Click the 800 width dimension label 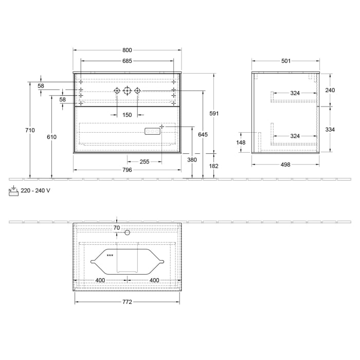click(x=127, y=50)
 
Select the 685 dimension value click(x=127, y=61)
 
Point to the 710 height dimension click(x=30, y=130)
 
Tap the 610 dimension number click(x=51, y=137)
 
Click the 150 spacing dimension click(x=127, y=115)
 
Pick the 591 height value click(x=215, y=113)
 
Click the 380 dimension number click(x=192, y=159)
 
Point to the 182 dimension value click(x=214, y=166)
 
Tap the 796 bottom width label click(x=127, y=170)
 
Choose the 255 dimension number click(x=144, y=161)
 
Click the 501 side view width click(x=286, y=61)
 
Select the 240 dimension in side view click(x=330, y=90)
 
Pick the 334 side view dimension click(x=330, y=130)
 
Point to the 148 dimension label click(x=241, y=142)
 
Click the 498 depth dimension click(x=286, y=165)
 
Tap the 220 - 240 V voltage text click(x=35, y=190)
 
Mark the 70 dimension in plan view click(x=117, y=227)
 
